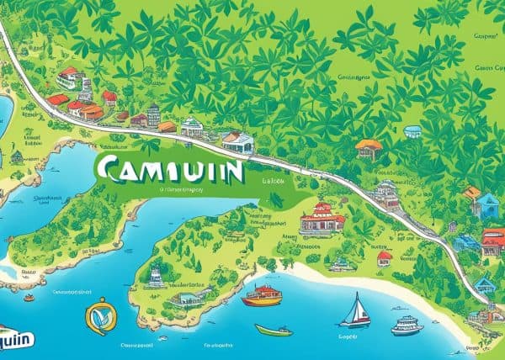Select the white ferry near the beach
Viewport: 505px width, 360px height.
(406, 325)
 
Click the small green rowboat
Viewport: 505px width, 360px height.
(274, 330)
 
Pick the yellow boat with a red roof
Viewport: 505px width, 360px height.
(262, 295)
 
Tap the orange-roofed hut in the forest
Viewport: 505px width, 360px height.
(369, 149)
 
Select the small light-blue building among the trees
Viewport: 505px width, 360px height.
(412, 131)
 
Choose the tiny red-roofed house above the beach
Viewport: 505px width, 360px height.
(385, 257)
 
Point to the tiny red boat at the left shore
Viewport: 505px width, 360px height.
(29, 297)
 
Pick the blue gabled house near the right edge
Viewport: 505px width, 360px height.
(486, 204)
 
